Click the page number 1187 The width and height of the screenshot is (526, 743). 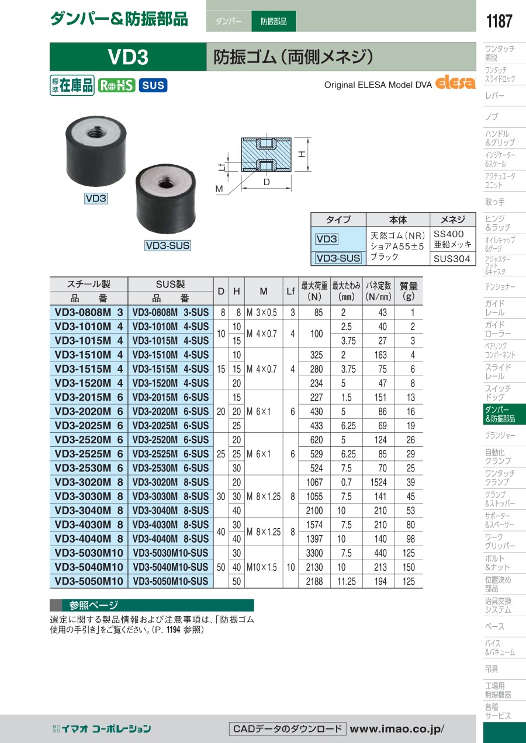(499, 21)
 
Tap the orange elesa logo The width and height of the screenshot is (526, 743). (455, 83)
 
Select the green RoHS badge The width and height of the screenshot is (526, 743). (116, 85)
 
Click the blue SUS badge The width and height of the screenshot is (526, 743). (153, 85)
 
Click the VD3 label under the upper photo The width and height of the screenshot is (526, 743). (96, 199)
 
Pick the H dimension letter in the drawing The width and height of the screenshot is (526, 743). (302, 154)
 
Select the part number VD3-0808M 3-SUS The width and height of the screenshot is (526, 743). (171, 312)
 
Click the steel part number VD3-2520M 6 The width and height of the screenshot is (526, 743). (89, 439)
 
